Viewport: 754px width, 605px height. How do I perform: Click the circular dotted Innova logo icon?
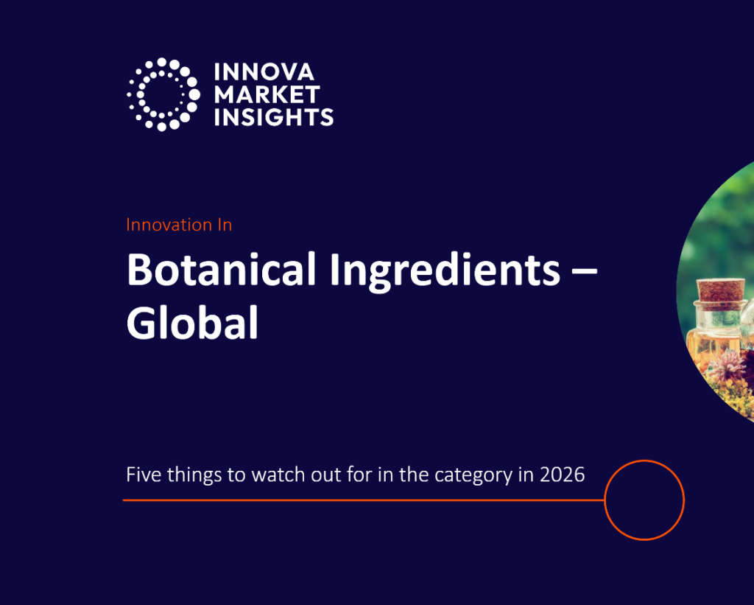point(163,94)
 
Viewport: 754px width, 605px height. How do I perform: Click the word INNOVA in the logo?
point(264,72)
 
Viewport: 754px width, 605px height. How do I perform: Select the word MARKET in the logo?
point(267,94)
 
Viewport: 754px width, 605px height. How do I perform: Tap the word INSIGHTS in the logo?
point(274,116)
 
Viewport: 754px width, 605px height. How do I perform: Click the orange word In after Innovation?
point(224,225)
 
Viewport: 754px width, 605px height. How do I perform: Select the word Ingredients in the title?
point(444,271)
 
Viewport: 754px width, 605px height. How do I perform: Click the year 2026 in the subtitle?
point(562,475)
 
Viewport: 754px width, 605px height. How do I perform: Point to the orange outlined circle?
point(644,500)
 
